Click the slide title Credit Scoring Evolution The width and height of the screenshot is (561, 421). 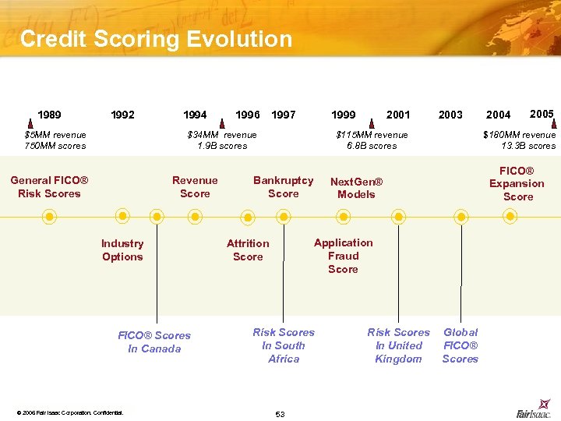pos(156,39)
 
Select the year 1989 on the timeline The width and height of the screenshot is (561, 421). pos(51,115)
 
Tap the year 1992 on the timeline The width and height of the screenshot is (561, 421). pos(122,115)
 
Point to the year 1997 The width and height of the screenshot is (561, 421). pos(283,115)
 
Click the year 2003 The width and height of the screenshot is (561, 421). pos(450,115)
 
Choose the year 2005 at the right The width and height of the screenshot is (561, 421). pos(542,114)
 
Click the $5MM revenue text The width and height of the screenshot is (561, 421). pos(55,135)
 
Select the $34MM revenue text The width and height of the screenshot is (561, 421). pos(222,135)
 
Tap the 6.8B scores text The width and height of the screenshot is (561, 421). pos(372,146)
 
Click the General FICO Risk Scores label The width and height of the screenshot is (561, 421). pos(49,187)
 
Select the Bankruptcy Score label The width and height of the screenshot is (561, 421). pos(283,187)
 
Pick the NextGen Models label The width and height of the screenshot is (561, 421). pos(356,188)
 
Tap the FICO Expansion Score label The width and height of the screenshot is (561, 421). pos(517,183)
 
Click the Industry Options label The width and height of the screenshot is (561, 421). pos(122,250)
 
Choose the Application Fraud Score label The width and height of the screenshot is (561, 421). pos(343,256)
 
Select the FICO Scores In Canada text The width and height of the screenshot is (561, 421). pos(154,342)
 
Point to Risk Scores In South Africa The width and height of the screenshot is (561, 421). pos(284,345)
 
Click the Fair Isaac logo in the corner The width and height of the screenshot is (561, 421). pos(534,413)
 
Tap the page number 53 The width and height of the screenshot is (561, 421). pos(280,414)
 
